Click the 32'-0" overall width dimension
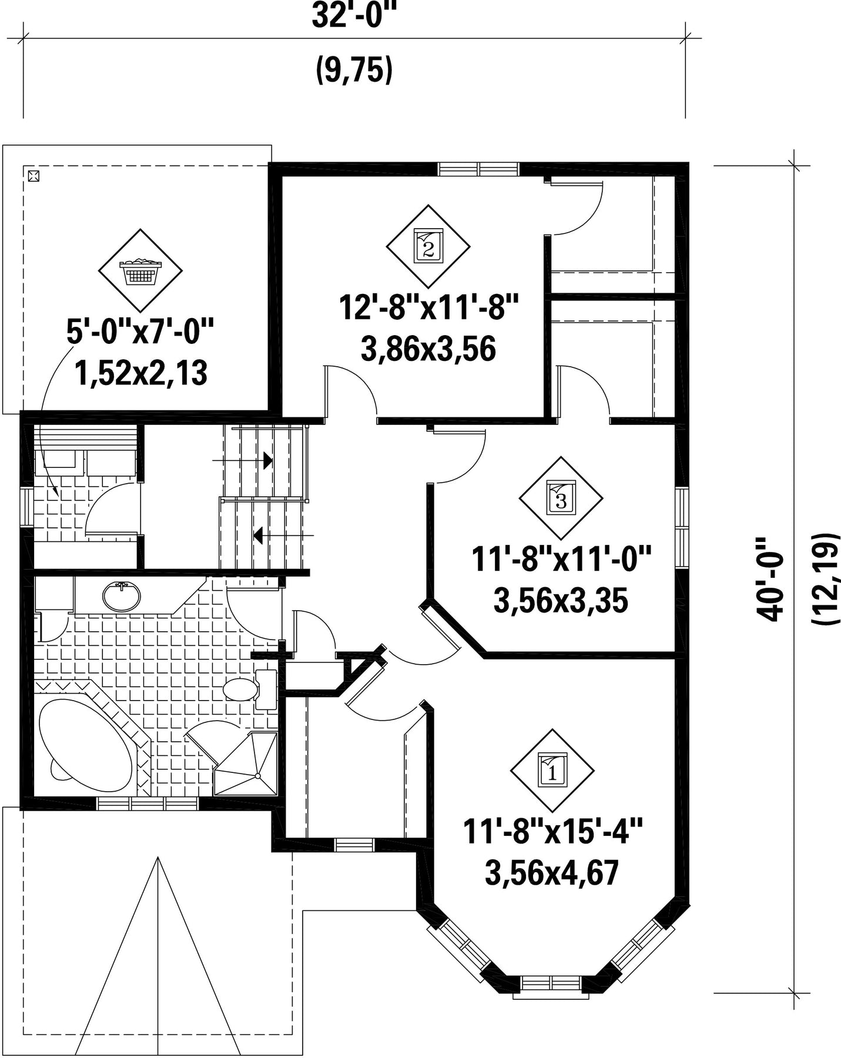click(352, 16)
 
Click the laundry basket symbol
click(140, 271)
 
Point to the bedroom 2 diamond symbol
click(428, 247)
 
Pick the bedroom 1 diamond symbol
click(552, 771)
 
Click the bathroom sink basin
click(122, 597)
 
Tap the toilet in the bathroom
click(250, 689)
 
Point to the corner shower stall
click(246, 764)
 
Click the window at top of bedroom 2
click(479, 169)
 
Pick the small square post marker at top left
click(33, 175)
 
